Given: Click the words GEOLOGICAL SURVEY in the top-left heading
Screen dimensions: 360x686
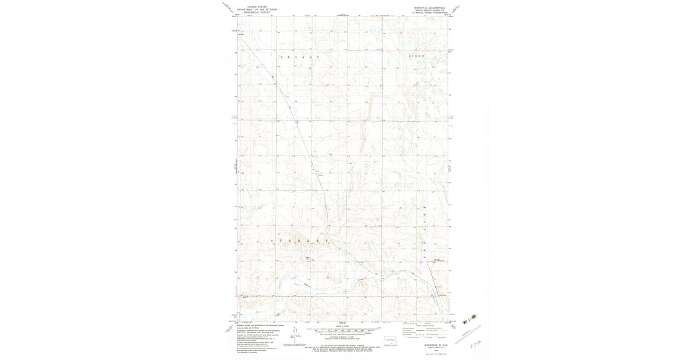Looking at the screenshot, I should tap(257, 12).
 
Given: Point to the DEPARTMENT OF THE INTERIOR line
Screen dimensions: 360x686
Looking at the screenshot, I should tap(257, 10).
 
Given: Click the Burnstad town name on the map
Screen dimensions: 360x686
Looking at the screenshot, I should tap(442, 295).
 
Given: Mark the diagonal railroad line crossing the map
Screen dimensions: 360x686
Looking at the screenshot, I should tap(297, 131).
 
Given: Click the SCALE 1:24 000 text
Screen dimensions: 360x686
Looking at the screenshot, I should tap(343, 327).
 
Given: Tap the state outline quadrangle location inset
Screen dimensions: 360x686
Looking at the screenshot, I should tap(392, 341).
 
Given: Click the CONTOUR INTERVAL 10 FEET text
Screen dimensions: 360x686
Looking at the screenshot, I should tap(343, 338).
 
